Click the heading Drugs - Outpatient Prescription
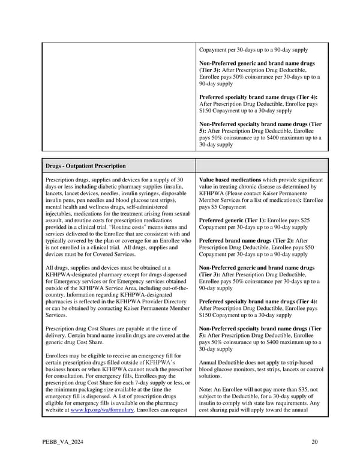click(x=85, y=166)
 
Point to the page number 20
click(x=314, y=443)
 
